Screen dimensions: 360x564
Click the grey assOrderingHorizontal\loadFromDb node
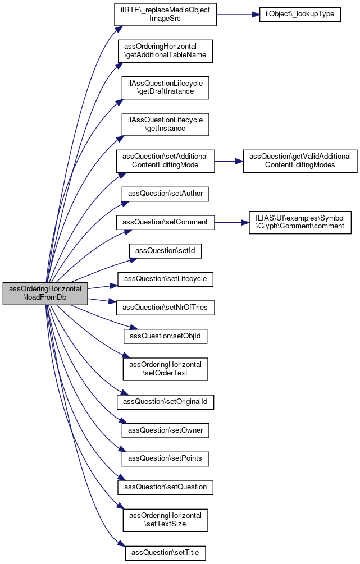[45, 294]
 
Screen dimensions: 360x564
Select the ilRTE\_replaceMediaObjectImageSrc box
[165, 15]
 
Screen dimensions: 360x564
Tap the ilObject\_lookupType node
[300, 15]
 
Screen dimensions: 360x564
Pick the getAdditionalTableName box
[165, 51]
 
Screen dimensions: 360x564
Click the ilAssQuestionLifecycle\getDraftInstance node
[165, 88]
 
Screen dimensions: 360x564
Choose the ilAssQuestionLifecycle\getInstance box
[165, 125]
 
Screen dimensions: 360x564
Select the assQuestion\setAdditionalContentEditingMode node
[165, 161]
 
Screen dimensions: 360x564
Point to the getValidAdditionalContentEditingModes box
[300, 161]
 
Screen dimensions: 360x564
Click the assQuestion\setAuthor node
[165, 194]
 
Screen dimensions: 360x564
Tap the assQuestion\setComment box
[165, 223]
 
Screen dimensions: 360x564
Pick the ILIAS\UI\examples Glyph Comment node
[300, 223]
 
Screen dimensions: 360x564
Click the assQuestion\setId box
[165, 251]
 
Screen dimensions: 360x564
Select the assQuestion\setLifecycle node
[165, 279]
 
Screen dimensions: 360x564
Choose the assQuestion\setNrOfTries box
[165, 308]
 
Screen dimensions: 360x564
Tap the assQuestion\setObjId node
[165, 336]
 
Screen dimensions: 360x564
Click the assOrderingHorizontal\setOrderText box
[165, 369]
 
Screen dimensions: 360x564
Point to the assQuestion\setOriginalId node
[165, 402]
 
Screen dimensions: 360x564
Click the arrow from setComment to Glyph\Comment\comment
[232, 223]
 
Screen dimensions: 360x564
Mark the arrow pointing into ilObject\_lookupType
[238, 15]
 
